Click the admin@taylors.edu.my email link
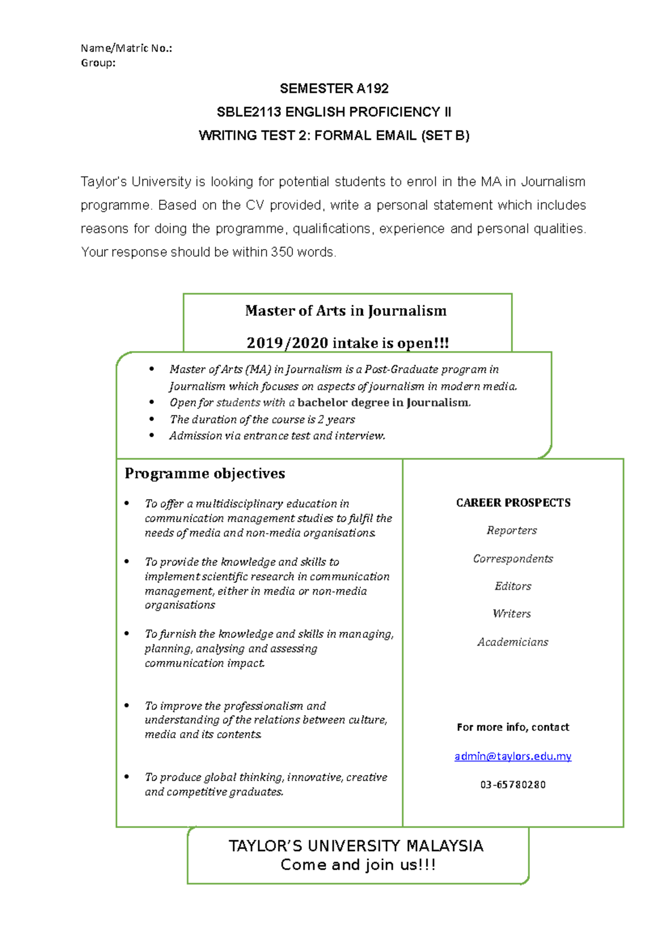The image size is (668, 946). (x=513, y=756)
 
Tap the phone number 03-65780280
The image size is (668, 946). (x=513, y=784)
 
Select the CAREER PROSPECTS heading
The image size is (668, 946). (x=513, y=503)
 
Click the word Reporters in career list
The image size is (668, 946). (x=512, y=530)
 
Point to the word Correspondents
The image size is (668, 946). (x=513, y=558)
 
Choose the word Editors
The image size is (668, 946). (x=513, y=586)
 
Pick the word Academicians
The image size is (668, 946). (x=513, y=642)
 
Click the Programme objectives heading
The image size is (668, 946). (x=205, y=474)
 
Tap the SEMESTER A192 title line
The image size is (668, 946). (x=334, y=89)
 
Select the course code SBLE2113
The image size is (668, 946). (x=249, y=112)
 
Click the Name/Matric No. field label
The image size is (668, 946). (x=126, y=48)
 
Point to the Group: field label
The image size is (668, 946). (x=98, y=63)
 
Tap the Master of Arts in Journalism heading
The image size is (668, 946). (x=346, y=311)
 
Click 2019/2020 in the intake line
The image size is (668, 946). (x=287, y=343)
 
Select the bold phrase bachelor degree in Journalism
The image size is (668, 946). (x=384, y=403)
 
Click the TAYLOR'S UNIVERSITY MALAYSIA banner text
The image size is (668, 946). (x=356, y=846)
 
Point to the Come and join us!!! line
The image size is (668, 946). (x=358, y=865)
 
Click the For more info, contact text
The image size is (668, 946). (x=513, y=727)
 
